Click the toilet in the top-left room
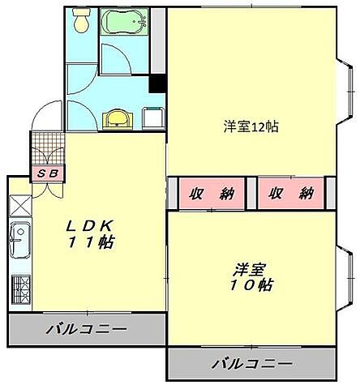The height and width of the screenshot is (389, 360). pyautogui.click(x=81, y=24)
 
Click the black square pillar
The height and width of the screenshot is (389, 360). pyautogui.click(x=157, y=84)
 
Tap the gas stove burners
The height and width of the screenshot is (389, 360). pyautogui.click(x=19, y=288)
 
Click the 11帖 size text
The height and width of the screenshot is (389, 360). pyautogui.click(x=91, y=242)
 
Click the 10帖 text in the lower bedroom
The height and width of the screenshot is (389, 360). pyautogui.click(x=254, y=285)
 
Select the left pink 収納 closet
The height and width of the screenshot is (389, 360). pyautogui.click(x=212, y=194)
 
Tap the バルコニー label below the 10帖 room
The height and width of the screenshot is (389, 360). pyautogui.click(x=251, y=363)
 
